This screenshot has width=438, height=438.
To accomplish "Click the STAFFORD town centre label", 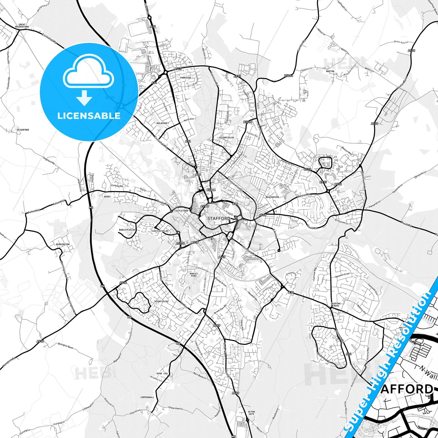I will point(219,218).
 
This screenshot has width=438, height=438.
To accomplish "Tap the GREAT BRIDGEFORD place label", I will point(24,26).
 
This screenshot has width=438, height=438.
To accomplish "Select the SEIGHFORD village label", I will point(23,130).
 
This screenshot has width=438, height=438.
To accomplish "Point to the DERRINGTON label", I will point(63,244).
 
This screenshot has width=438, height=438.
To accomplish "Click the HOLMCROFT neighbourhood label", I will point(163,123).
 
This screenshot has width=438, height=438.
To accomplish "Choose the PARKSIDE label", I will point(186,78).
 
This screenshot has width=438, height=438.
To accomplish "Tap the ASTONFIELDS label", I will point(227,138).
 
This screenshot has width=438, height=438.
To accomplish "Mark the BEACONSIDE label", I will point(272,197).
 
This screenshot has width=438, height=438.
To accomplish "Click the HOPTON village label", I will point(330,72).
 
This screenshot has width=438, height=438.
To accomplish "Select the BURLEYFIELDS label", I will point(127,230).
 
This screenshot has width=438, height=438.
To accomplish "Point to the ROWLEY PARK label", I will point(194,275).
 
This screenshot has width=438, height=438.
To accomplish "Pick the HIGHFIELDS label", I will point(161,301).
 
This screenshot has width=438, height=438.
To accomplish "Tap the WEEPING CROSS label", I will point(336,305).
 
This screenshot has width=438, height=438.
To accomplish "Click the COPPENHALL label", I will point(147,397).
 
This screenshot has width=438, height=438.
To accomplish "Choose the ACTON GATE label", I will point(251,413).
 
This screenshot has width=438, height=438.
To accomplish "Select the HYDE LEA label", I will point(162,373).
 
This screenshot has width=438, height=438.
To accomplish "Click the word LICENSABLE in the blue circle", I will point(89,116).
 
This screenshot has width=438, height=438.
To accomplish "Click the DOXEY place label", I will point(107,196).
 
